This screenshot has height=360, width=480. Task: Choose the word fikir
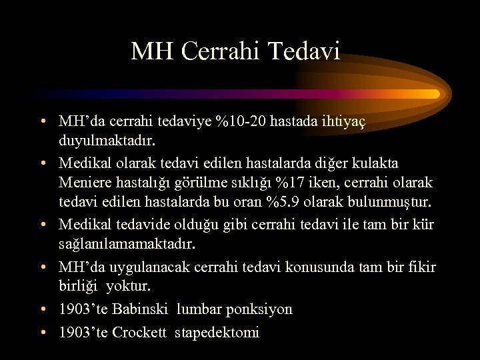click(x=421, y=267)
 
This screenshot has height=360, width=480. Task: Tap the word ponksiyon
click(x=259, y=309)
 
